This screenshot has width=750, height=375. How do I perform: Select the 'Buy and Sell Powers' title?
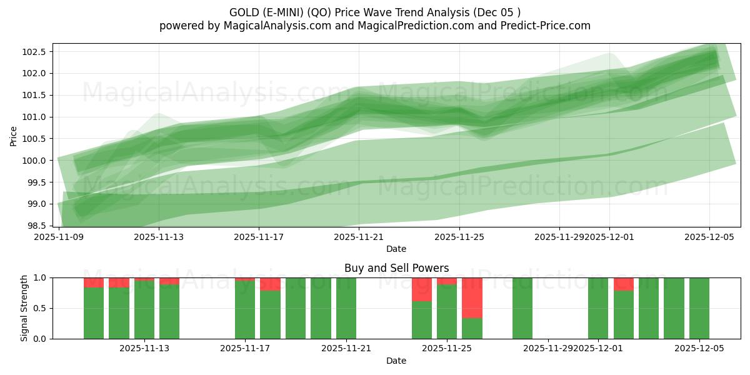(396, 268)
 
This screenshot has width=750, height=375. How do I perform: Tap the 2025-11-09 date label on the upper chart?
(59, 237)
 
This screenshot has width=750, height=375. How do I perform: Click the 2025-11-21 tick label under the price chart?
(359, 237)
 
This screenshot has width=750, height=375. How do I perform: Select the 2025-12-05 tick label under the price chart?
(709, 237)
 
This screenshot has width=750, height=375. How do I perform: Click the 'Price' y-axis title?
(13, 135)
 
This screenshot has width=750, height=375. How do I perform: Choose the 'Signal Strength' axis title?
(24, 308)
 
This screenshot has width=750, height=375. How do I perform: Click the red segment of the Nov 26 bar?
(472, 297)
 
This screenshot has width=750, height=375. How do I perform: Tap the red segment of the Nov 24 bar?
(422, 289)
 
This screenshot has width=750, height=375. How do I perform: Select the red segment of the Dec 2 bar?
(623, 284)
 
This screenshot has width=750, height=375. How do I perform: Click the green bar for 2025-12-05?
(699, 308)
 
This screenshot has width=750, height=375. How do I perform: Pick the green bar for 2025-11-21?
(346, 308)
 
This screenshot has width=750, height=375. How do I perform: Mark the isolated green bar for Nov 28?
(522, 308)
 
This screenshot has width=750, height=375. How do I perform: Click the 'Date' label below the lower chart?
(396, 361)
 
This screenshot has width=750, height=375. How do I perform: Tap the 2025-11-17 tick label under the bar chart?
(246, 348)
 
